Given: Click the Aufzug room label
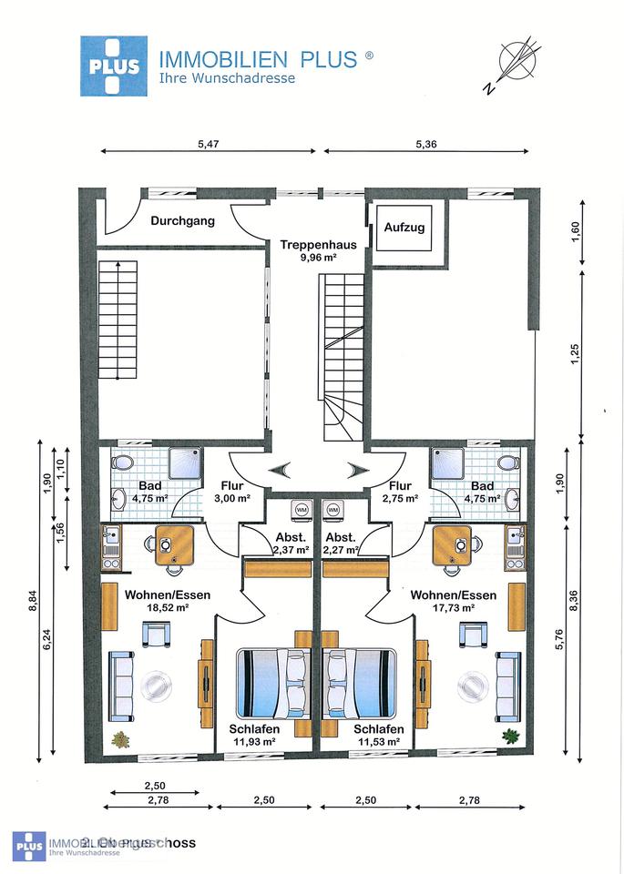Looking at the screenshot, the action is click(x=404, y=228).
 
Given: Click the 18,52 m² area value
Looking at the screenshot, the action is click(x=168, y=606).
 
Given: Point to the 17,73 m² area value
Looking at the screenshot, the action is click(x=454, y=606).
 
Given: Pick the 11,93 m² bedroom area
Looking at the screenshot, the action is click(x=254, y=742).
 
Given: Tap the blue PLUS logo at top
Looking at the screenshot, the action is click(x=114, y=66).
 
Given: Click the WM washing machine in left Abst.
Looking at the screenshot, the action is click(x=299, y=510).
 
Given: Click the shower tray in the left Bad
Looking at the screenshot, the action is click(x=173, y=462).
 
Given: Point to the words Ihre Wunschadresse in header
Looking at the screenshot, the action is click(x=226, y=78).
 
